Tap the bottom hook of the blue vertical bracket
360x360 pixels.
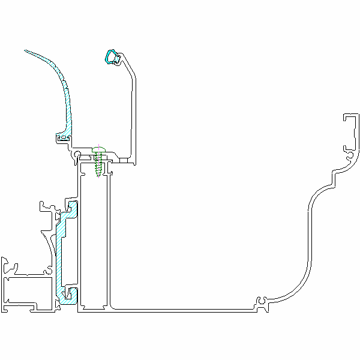[71, 294]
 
